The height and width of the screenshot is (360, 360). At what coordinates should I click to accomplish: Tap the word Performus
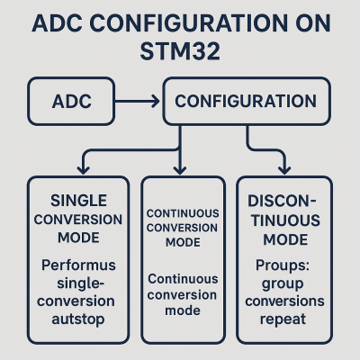(79, 266)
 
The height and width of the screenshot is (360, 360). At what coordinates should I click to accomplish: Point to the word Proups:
(283, 266)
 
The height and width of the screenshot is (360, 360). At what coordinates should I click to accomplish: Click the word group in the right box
(283, 283)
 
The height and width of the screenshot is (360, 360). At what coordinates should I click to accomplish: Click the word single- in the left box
(79, 283)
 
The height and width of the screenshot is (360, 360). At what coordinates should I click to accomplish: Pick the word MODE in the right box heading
(283, 241)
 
